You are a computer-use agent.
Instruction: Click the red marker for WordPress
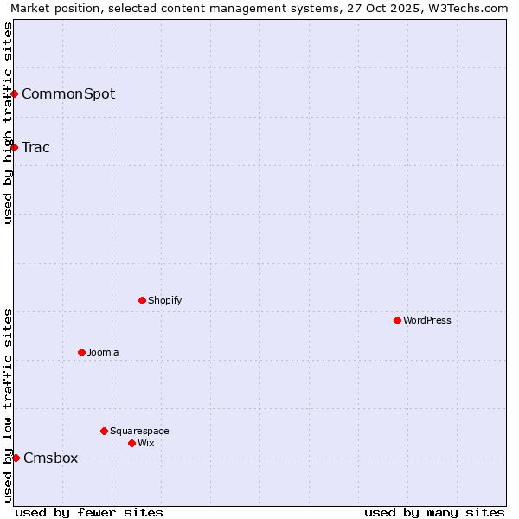tap(397, 320)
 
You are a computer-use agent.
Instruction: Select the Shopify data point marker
tap(142, 300)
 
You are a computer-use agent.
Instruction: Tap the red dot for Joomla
tap(81, 352)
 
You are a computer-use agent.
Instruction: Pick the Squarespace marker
tap(104, 431)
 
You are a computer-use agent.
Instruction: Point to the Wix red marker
tap(131, 443)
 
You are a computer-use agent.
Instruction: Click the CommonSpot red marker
tap(14, 93)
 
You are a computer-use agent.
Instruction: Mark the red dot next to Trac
tap(14, 147)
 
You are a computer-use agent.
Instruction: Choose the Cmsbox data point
tap(16, 458)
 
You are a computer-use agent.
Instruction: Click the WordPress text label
tap(427, 320)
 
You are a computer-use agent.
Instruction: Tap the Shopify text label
tap(164, 300)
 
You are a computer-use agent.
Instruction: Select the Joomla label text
tap(103, 352)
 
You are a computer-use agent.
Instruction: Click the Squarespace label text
tap(139, 431)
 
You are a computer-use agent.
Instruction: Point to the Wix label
tap(145, 443)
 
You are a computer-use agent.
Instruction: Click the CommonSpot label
tap(68, 93)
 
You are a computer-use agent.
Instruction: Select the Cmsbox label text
tap(51, 458)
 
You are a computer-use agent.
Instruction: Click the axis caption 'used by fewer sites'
tap(89, 512)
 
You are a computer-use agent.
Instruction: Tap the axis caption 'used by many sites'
tap(434, 512)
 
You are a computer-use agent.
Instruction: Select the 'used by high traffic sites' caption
tap(8, 123)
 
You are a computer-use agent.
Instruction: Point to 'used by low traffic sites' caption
tap(8, 405)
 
